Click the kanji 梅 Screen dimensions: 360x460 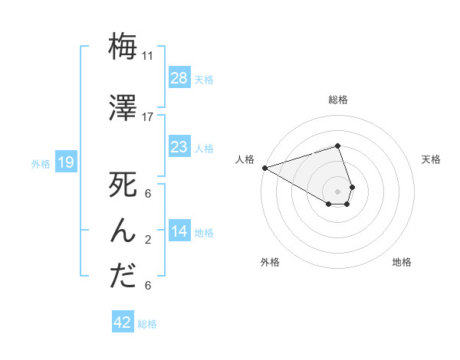coord(123,47)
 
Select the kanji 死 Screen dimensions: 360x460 coord(123,186)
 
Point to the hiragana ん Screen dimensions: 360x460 coord(123,230)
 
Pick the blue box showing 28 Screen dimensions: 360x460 coord(179,78)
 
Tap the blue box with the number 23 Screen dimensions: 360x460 coord(179,147)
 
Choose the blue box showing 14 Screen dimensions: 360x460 coord(179,231)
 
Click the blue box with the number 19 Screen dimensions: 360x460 coord(65,162)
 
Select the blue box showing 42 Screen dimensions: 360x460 coord(123,322)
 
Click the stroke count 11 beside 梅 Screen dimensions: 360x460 coord(148,56)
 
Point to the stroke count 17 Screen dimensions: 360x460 coord(148,117)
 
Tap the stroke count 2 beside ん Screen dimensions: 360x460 coord(148,239)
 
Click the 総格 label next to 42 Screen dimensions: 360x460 coord(147,324)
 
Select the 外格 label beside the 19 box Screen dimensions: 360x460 coord(40,163)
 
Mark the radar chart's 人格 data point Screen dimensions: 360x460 coord(264,167)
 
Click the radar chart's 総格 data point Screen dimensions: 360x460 coord(337,146)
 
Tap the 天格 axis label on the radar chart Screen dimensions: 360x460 coord(432,159)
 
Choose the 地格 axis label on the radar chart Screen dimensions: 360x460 coord(402,262)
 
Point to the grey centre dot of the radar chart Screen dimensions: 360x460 coord(337,190)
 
